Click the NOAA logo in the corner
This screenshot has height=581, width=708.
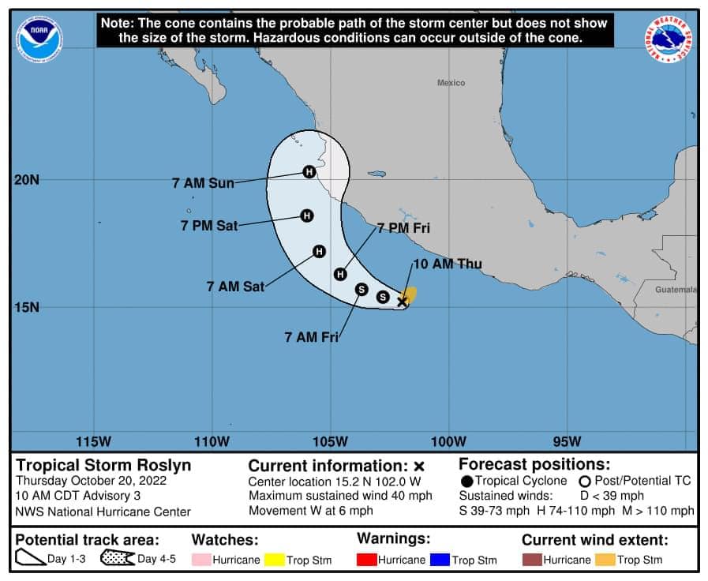click(x=39, y=38)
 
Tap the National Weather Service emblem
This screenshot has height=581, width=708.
click(x=669, y=39)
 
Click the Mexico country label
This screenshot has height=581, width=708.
click(x=451, y=83)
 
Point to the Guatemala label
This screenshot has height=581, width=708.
click(x=676, y=290)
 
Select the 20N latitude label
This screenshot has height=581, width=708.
click(x=27, y=179)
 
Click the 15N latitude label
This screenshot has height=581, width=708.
click(x=27, y=307)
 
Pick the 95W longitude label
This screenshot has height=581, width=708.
click(x=567, y=440)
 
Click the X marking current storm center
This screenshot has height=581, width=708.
click(x=402, y=302)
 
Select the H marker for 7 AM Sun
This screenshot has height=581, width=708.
click(x=309, y=171)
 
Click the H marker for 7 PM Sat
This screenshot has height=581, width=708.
click(x=306, y=216)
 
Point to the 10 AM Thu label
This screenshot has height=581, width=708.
click(x=447, y=264)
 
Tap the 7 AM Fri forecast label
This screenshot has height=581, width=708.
click(x=311, y=337)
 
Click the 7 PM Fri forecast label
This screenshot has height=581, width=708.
click(x=403, y=228)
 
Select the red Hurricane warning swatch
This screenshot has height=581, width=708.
click(x=366, y=560)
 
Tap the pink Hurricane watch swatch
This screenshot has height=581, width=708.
click(x=201, y=560)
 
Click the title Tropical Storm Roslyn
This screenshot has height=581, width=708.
click(x=103, y=465)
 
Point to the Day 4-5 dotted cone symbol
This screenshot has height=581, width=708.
click(x=117, y=559)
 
